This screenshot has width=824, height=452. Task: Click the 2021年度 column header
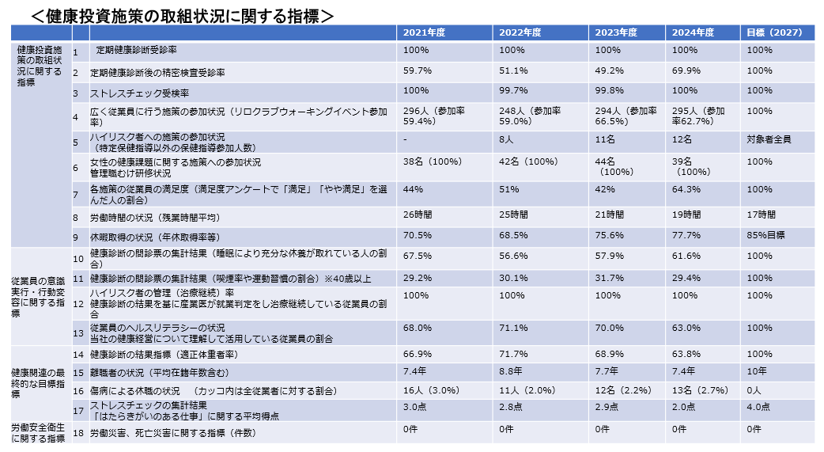coord(425,32)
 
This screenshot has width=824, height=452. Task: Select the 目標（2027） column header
coord(774,32)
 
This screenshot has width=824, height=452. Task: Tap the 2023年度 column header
coord(616,32)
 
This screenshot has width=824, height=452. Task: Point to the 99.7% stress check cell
coord(513,91)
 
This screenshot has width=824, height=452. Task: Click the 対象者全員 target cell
coord(769,139)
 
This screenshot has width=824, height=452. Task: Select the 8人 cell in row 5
coord(507,139)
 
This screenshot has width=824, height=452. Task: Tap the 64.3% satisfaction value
coord(686,189)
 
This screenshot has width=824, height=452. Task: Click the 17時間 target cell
coord(762,215)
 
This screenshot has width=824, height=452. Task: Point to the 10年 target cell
coord(757,370)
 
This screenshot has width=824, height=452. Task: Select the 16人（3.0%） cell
coord(432,391)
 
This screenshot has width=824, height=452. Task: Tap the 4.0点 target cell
coord(758,407)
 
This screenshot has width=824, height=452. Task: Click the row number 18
coord(78,433)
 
